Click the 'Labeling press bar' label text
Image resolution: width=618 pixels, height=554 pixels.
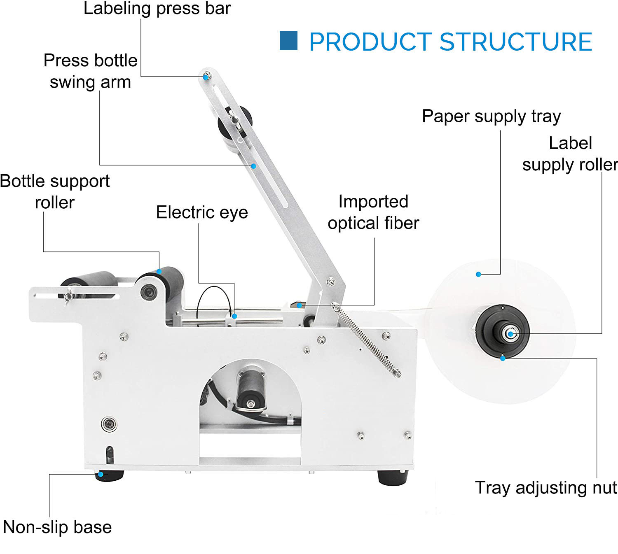pos(157,9)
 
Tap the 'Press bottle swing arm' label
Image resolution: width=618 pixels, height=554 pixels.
pos(90,71)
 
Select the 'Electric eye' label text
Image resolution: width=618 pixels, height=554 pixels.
pos(202,212)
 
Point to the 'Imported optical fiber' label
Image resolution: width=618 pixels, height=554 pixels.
pos(373,212)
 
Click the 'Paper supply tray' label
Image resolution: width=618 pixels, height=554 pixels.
pos(491,116)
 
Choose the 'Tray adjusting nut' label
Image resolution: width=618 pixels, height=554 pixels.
pos(545,488)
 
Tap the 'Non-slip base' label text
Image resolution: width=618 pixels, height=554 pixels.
pos(57,527)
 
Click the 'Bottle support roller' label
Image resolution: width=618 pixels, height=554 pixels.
pos(55,191)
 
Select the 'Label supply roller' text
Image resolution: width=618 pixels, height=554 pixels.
pos(570,154)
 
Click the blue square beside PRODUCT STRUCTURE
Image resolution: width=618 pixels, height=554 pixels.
pos(288,41)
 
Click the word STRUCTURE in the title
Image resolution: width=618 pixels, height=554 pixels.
pos(516,42)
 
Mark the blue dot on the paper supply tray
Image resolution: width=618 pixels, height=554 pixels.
pos(478,274)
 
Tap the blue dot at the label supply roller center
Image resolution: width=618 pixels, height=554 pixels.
pos(510,334)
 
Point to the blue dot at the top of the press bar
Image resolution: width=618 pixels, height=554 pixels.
pos(206,77)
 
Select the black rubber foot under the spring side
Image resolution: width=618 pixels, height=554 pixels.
pos(393,477)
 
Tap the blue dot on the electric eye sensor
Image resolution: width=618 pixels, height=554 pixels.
pos(234,316)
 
